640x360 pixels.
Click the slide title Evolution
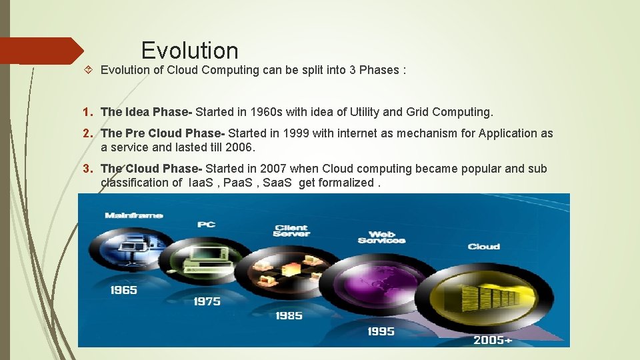(x=189, y=51)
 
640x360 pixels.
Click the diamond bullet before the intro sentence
(x=90, y=70)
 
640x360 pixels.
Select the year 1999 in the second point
(x=295, y=133)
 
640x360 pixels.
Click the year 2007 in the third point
(x=275, y=169)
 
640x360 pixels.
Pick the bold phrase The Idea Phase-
(x=146, y=112)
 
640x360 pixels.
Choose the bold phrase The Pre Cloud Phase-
(x=163, y=133)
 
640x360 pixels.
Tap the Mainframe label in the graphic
(x=133, y=215)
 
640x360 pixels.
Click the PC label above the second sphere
(x=206, y=225)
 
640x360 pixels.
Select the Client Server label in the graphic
(x=291, y=231)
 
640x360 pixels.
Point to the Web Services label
(x=381, y=237)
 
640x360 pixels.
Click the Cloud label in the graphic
(x=483, y=247)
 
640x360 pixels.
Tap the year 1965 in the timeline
(x=124, y=290)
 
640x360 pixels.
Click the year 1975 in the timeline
(x=207, y=301)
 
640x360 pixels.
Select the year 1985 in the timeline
(x=289, y=315)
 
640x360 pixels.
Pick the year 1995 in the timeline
(x=381, y=331)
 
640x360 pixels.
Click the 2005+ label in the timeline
(x=493, y=340)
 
